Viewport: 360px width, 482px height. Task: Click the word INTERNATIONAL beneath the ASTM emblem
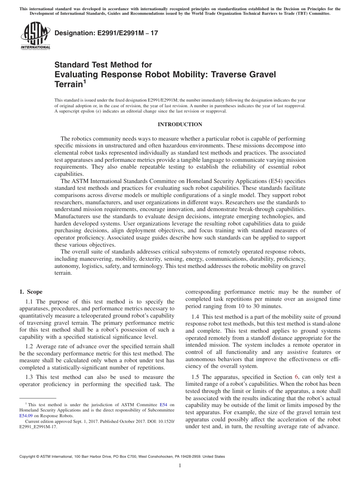click(35, 47)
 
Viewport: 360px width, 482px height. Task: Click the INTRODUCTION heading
click(180, 125)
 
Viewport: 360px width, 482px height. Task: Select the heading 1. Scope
click(31, 292)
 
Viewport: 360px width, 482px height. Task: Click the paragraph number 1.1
click(29, 302)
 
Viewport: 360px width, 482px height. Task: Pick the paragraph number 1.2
click(29, 346)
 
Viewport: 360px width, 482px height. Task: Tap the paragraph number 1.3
click(29, 377)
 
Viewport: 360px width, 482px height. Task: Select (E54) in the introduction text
click(280, 182)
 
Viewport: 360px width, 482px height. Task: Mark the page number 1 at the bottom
click(180, 466)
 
